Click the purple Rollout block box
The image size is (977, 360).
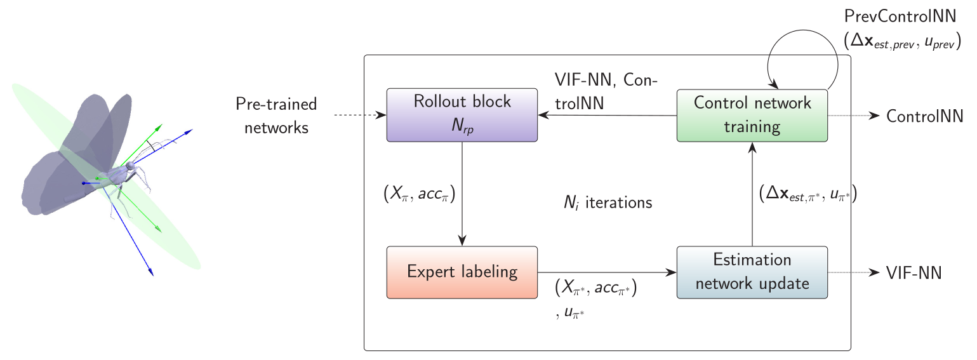(x=462, y=115)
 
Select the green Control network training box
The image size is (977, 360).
(x=752, y=115)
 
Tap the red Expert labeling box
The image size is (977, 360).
(x=462, y=272)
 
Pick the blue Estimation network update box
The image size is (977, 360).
(x=752, y=272)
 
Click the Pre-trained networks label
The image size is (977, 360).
(x=276, y=116)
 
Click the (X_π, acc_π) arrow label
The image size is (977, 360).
(x=420, y=195)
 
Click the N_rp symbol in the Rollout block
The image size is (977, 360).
(x=462, y=126)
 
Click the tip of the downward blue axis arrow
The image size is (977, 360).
(x=152, y=274)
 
